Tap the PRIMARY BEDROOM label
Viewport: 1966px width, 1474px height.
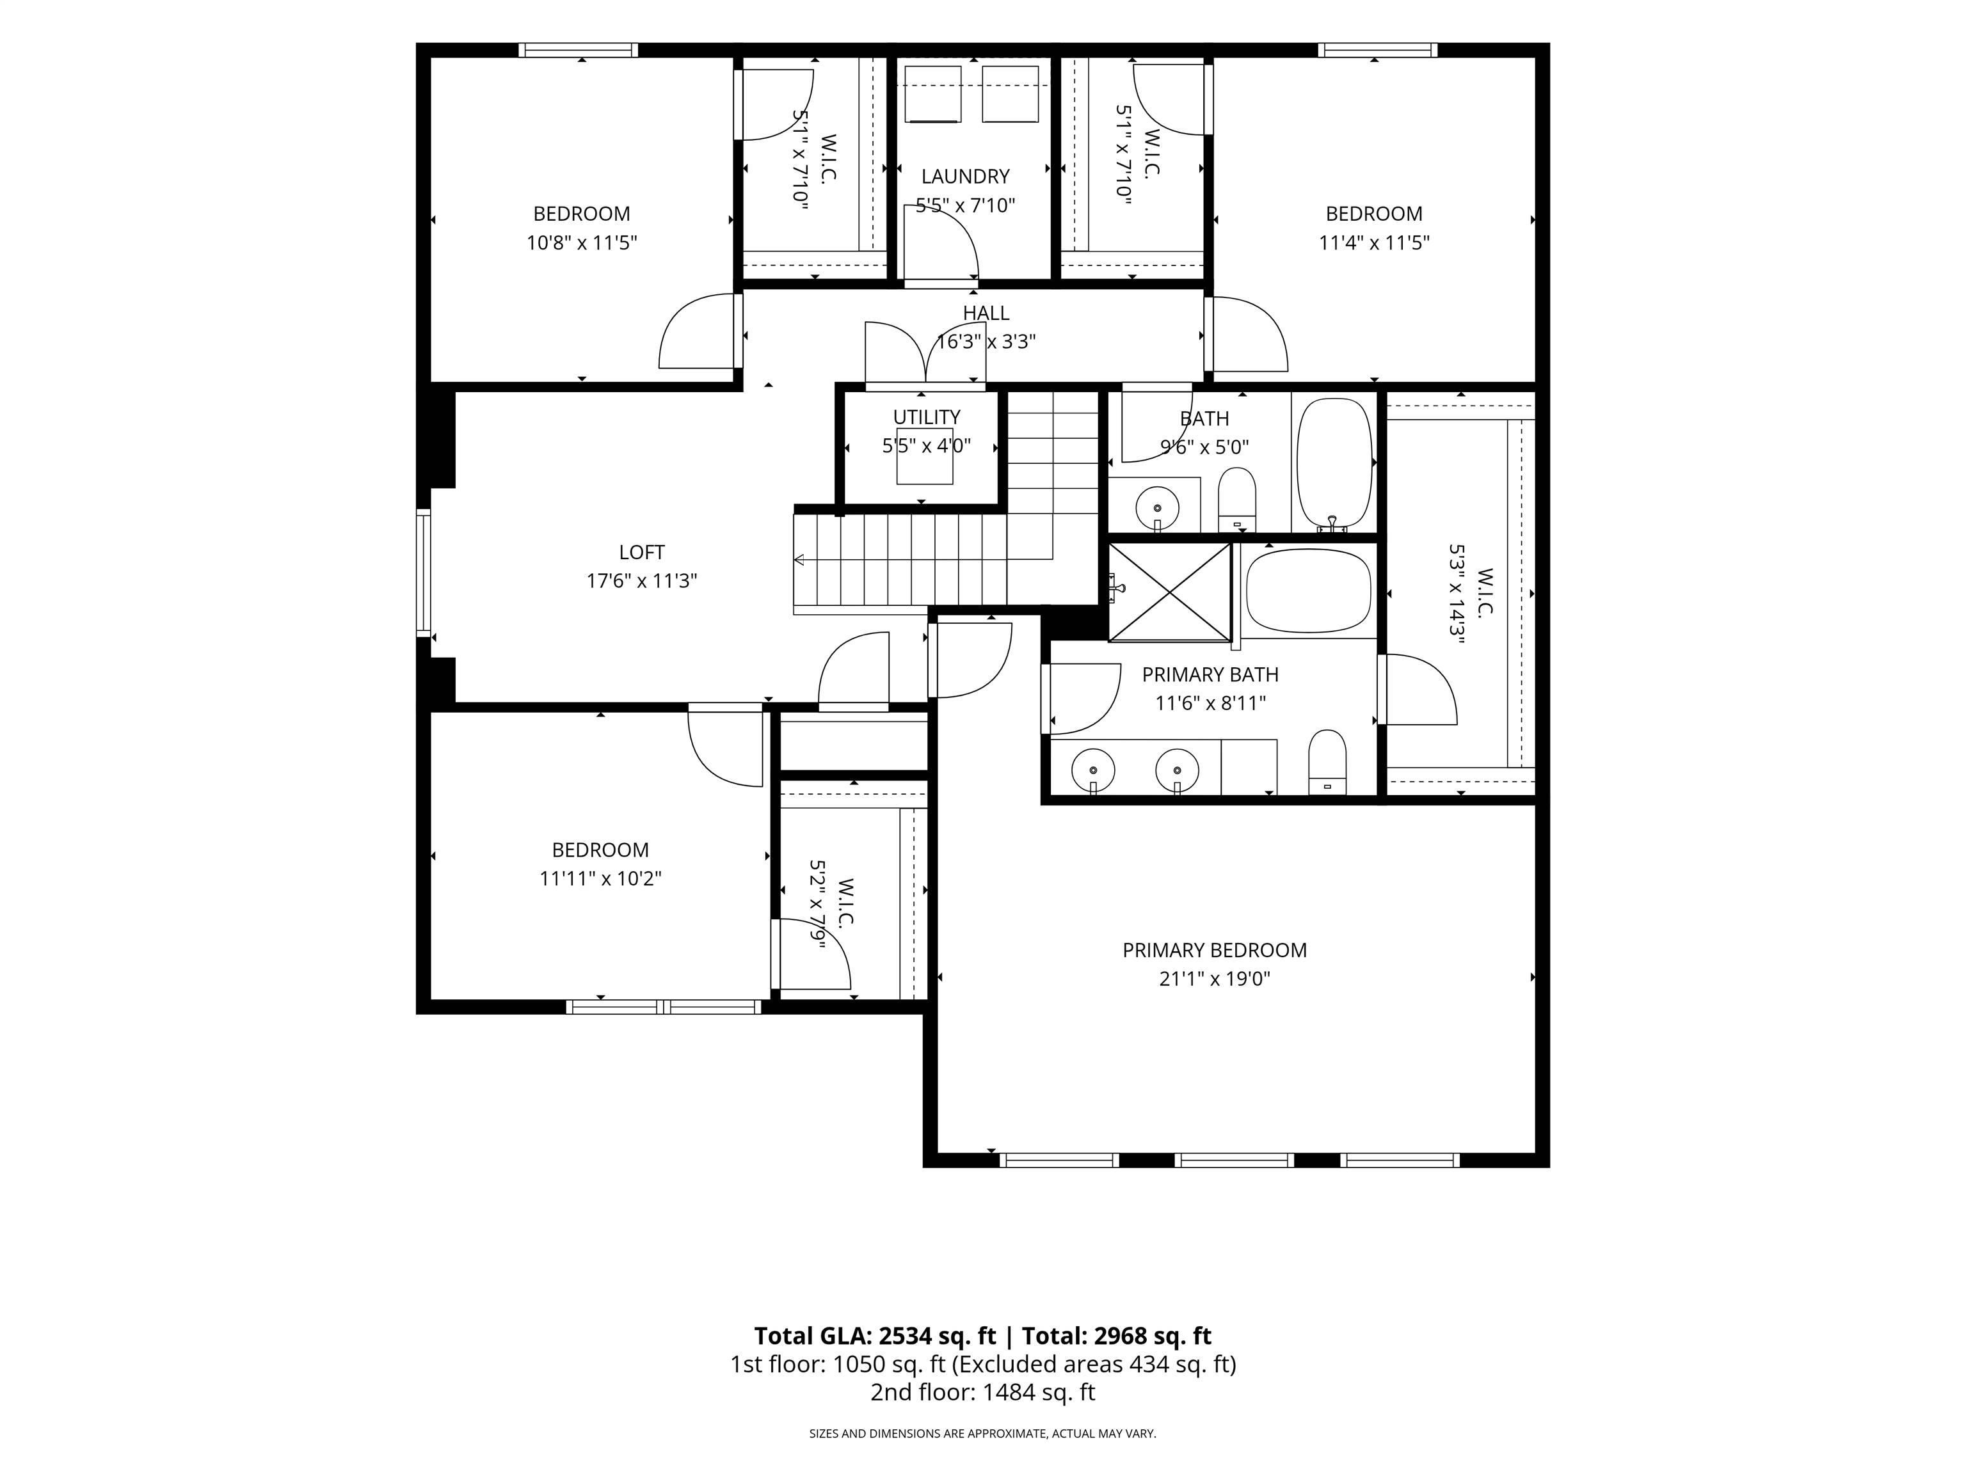[1214, 951]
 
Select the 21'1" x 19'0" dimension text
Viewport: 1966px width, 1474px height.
[1214, 979]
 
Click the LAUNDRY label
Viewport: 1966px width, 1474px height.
[965, 177]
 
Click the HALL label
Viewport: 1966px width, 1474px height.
[986, 313]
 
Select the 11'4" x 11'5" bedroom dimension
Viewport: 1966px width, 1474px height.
[1374, 242]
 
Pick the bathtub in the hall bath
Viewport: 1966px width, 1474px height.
[1334, 464]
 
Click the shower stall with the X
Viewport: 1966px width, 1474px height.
[1170, 592]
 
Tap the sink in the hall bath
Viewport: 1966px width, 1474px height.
[1157, 508]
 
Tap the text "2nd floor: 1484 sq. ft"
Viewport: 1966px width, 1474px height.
[982, 1392]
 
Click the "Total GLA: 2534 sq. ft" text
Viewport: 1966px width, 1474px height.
[875, 1336]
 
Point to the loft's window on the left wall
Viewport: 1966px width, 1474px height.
[424, 572]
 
